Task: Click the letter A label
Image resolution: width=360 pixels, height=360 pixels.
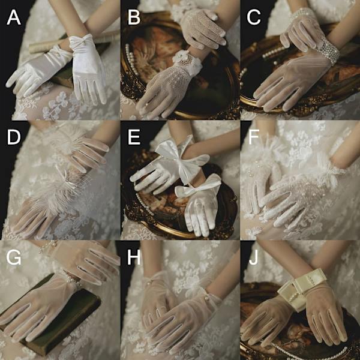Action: point(14,17)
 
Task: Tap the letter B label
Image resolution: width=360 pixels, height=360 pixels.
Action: point(134,17)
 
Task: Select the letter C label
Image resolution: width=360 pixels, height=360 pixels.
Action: point(254,17)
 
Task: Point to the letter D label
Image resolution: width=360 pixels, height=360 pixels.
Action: point(14,137)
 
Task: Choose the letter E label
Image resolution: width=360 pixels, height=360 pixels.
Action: point(134,137)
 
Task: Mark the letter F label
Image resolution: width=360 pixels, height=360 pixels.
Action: point(254,137)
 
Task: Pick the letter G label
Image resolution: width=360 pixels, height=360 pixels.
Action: point(14,257)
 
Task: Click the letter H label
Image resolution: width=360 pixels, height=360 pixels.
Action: point(134,257)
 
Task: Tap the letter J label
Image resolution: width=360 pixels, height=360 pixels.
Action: point(253,257)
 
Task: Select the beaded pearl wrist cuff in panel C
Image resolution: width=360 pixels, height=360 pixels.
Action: point(328,51)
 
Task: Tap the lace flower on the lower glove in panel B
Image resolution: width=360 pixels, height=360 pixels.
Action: point(187,60)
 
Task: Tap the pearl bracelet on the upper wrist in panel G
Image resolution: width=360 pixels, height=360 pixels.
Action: point(47,246)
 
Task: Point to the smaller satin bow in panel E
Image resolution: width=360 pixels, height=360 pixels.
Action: point(199,186)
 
